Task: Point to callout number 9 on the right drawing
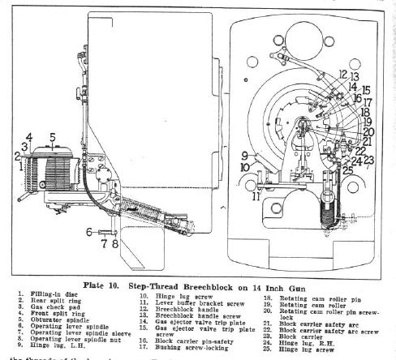coord(245,154)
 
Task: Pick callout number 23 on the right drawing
coord(370,159)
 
